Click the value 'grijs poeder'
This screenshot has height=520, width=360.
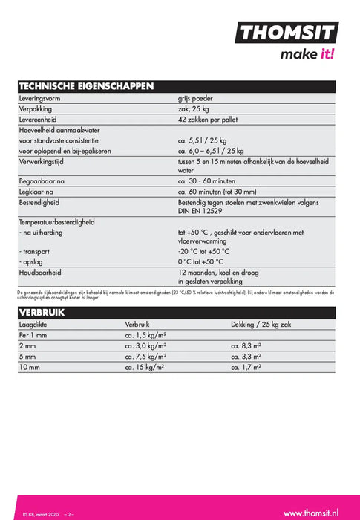195,97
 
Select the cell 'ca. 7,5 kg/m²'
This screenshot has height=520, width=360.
145,357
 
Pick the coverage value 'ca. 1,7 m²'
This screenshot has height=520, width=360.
248,367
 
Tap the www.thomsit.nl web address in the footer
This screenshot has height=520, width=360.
311,492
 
